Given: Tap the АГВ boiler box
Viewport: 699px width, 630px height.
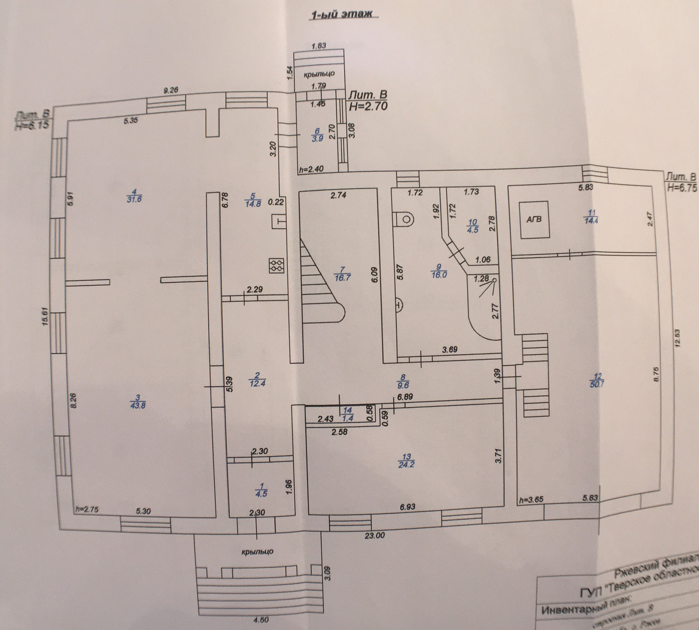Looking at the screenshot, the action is (534, 220).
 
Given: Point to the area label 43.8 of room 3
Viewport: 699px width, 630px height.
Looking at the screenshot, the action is (138, 405).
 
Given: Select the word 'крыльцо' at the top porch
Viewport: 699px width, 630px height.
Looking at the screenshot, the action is (319, 74).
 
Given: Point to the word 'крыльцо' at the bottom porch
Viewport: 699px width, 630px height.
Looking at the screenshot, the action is (257, 551).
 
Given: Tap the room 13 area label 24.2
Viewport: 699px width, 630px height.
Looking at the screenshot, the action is (407, 465).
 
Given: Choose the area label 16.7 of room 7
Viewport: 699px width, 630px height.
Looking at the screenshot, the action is (341, 279).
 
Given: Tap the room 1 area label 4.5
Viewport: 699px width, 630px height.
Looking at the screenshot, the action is (262, 494).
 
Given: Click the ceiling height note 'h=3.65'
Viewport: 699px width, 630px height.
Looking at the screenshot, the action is (531, 499).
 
